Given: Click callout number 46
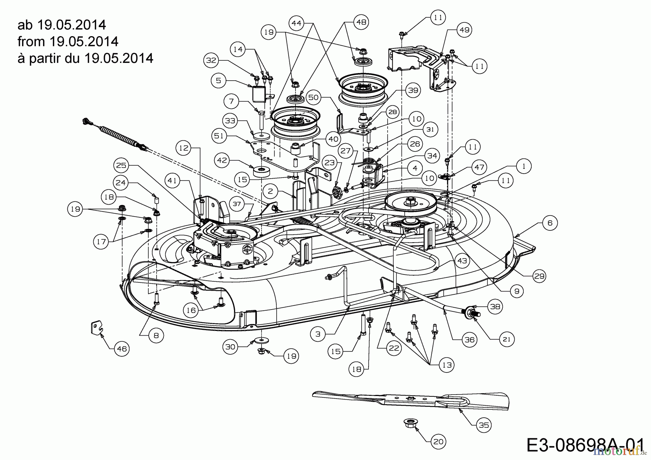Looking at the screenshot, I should pyautogui.click(x=122, y=349).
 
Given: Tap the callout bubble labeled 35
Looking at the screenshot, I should pyautogui.click(x=484, y=425).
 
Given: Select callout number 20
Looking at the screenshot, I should pyautogui.click(x=438, y=441).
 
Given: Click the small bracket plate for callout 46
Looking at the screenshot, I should pyautogui.click(x=95, y=329).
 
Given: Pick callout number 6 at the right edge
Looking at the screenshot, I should pyautogui.click(x=550, y=223).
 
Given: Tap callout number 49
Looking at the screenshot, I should pyautogui.click(x=464, y=30).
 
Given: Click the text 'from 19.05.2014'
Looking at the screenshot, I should pyautogui.click(x=68, y=42).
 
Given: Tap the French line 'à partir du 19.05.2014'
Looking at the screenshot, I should pyautogui.click(x=85, y=58).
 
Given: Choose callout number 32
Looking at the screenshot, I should pyautogui.click(x=212, y=60).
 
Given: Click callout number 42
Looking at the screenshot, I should pyautogui.click(x=222, y=160).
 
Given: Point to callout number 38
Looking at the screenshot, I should pyautogui.click(x=495, y=307).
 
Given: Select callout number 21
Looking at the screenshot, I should pyautogui.click(x=506, y=339).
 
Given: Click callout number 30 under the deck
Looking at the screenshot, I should pyautogui.click(x=230, y=347).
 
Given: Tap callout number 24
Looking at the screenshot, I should pyautogui.click(x=121, y=183).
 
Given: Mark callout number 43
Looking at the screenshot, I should pyautogui.click(x=462, y=261).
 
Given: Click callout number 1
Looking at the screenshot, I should pyautogui.click(x=523, y=166).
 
